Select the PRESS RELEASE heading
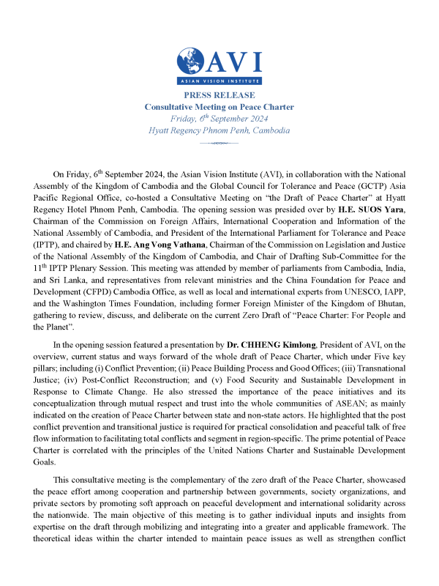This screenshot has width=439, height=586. [x=219, y=95]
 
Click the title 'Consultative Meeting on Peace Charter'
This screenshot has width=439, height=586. [x=219, y=107]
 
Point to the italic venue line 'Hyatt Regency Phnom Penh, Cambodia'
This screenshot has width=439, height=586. [x=219, y=130]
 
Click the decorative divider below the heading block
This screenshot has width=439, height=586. [x=219, y=144]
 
